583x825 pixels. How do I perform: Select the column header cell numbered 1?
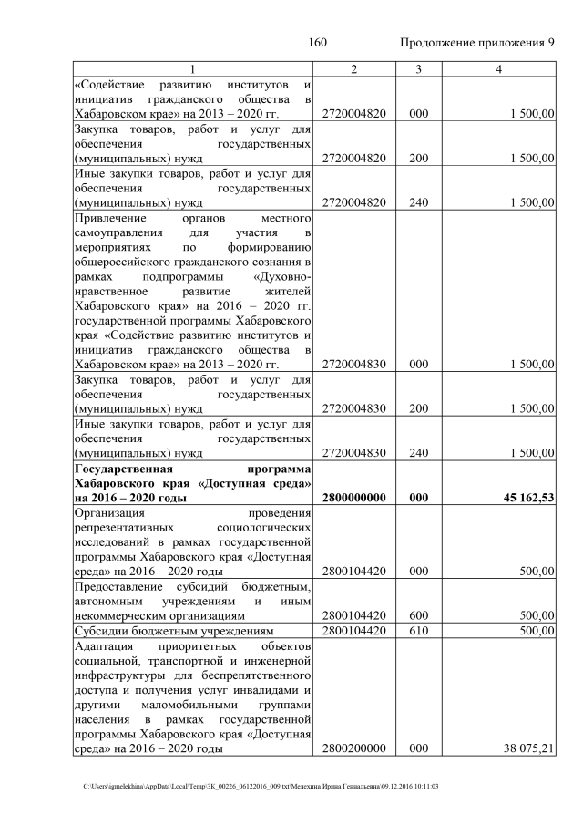pos(193,70)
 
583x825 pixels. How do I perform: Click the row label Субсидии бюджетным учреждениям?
pos(167,631)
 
